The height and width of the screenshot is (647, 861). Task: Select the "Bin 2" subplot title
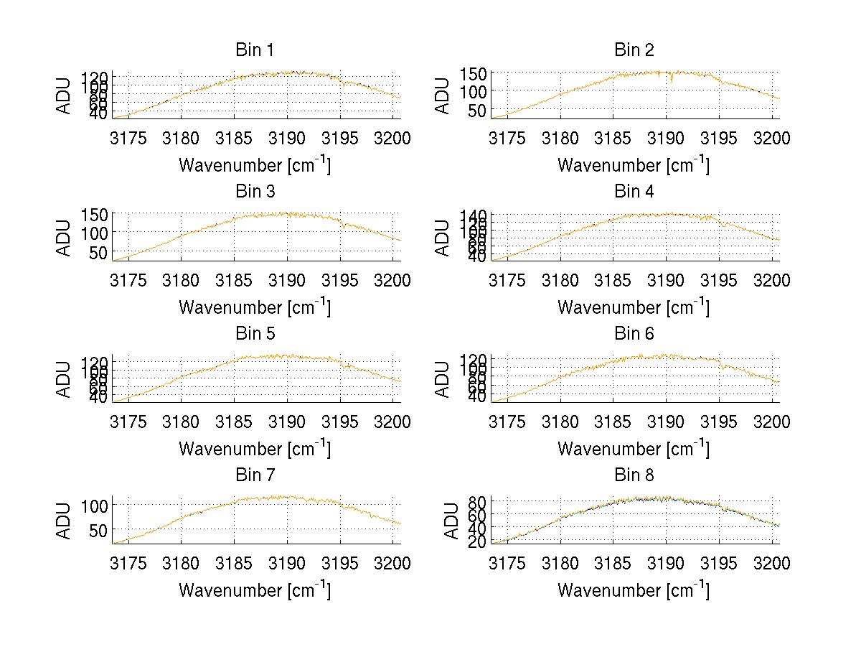634,50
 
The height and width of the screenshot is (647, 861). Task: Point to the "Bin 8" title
634,475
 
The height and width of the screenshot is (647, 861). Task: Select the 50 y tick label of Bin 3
100,252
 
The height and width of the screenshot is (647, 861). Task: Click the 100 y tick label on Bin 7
95,505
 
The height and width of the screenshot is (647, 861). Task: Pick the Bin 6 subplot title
634,334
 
